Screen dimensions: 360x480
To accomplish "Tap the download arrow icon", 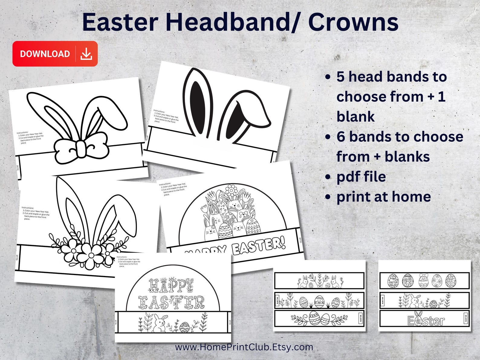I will coord(86,54).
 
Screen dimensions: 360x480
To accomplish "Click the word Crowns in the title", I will coord(353,22).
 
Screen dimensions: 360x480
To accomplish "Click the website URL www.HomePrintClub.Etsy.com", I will coord(244,347).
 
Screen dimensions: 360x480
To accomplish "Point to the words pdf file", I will coord(361,177).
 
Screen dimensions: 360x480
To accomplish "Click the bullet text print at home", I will coord(384,197).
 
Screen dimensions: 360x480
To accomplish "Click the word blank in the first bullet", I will coord(355,117).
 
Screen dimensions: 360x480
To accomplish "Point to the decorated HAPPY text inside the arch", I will coord(171,285).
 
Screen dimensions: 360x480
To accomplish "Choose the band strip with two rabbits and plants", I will coord(319,281).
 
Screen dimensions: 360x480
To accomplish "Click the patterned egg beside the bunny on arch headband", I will coord(185,327).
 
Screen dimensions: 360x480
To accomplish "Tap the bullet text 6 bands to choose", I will coord(400,137).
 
